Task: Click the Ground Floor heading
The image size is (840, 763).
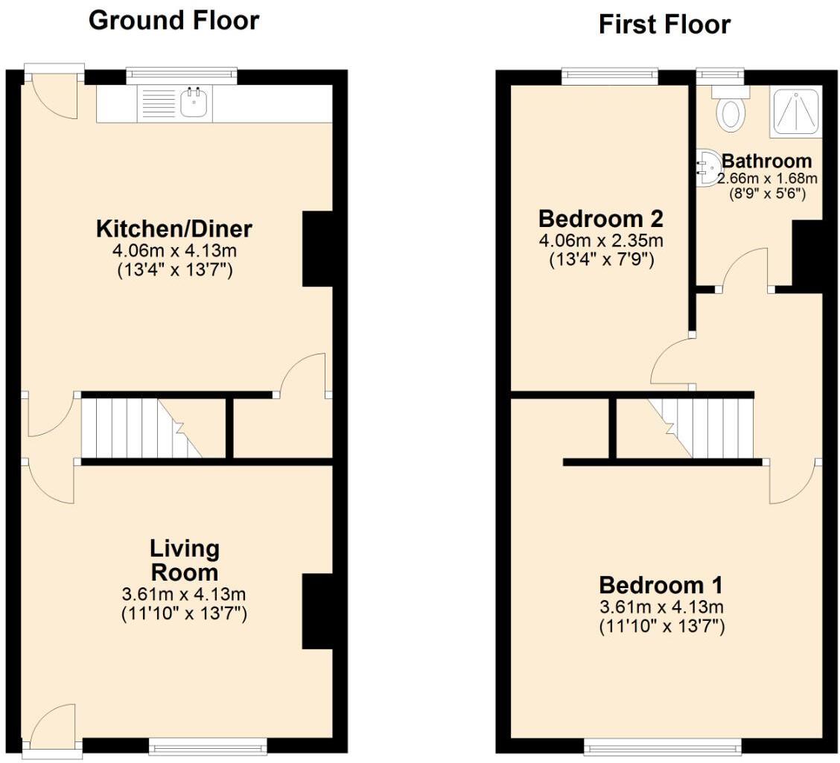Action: [174, 20]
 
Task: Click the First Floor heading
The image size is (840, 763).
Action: [664, 25]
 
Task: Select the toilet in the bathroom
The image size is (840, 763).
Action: [730, 111]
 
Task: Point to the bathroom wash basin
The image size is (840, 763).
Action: [705, 168]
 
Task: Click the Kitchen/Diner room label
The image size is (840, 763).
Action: [174, 228]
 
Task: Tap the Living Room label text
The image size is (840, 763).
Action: [185, 561]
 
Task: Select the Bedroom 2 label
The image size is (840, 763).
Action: [600, 219]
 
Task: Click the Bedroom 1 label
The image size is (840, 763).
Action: [661, 584]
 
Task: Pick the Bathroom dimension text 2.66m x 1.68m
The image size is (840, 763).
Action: [767, 179]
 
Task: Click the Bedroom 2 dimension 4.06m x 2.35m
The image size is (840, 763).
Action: [600, 240]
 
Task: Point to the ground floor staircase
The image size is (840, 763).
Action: [141, 428]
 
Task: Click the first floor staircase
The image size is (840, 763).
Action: [704, 428]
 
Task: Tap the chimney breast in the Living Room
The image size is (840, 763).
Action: [316, 611]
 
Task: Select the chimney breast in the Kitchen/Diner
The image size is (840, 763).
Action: [316, 249]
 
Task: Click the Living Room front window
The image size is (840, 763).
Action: [208, 744]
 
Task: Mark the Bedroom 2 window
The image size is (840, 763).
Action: [610, 74]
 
